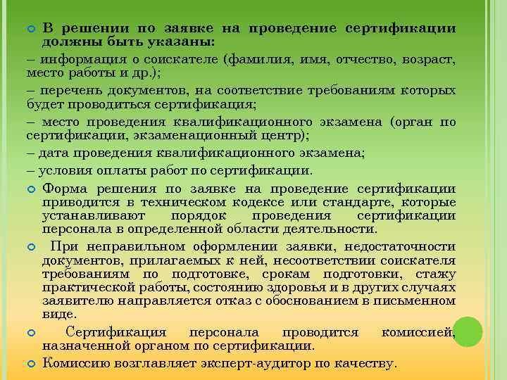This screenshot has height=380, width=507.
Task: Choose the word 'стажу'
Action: [x=437, y=274]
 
